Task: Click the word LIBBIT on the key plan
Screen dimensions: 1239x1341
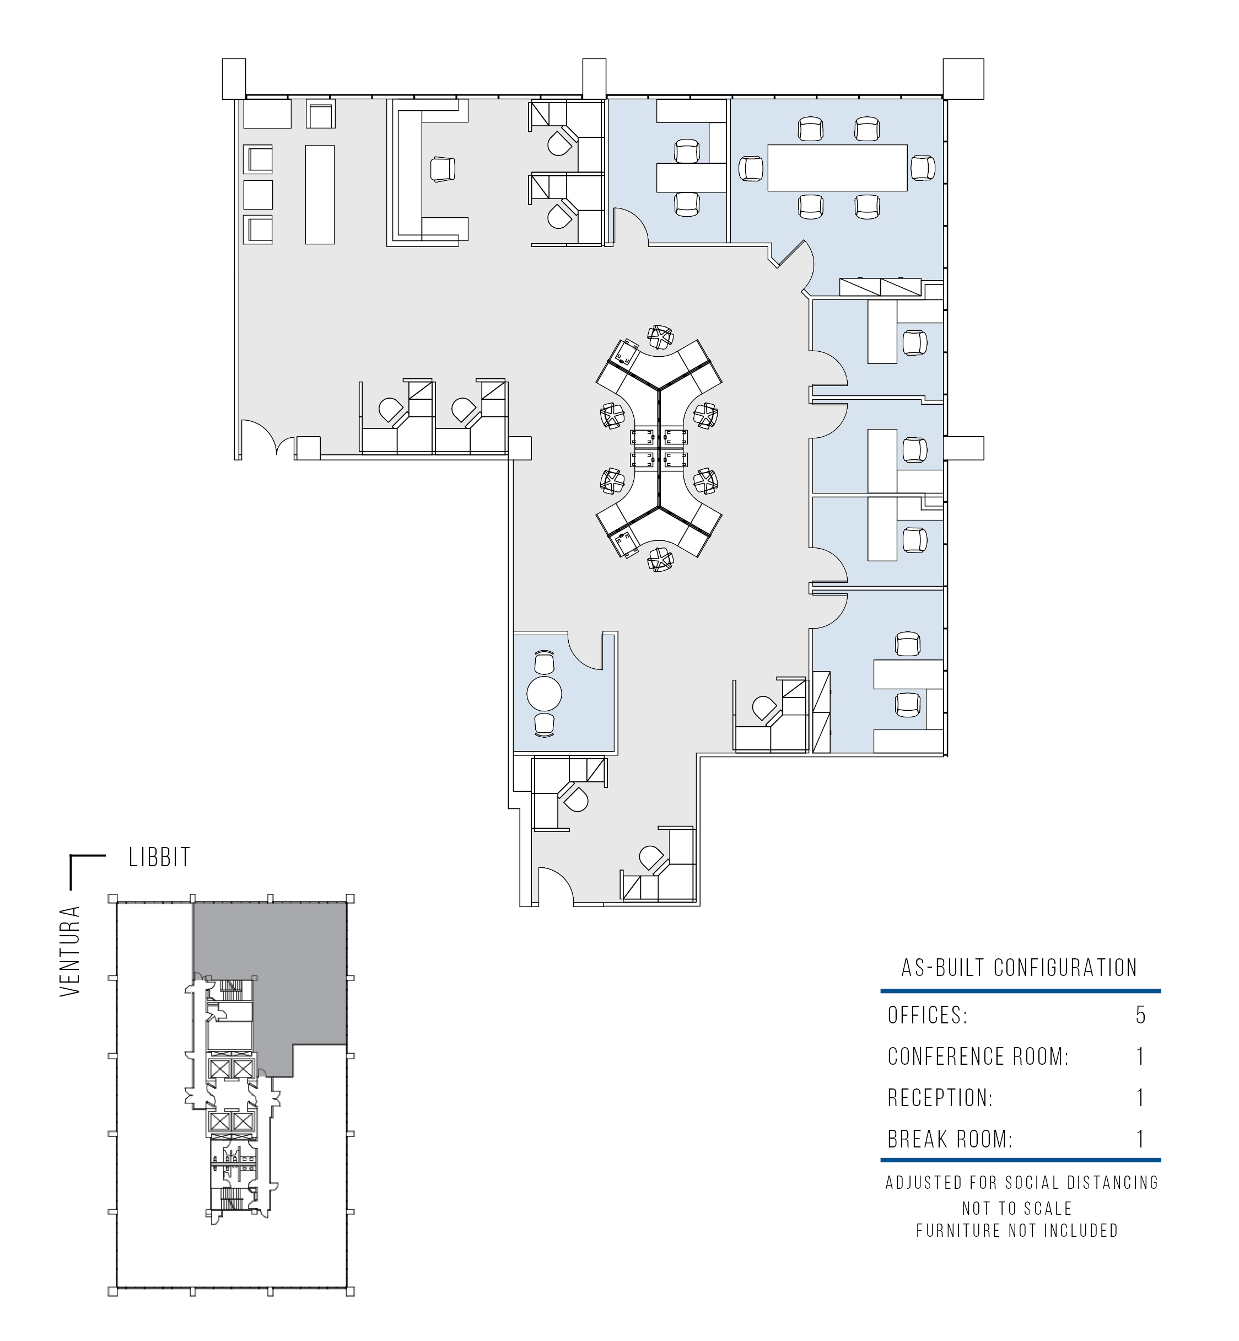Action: [x=160, y=857]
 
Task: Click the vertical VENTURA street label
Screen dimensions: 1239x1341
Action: [x=70, y=951]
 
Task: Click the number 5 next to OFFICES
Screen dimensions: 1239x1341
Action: [x=1140, y=1016]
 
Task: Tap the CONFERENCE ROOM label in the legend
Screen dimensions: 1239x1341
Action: [x=978, y=1056]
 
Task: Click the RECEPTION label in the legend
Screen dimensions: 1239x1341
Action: [x=940, y=1098]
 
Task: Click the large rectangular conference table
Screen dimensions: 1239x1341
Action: [x=837, y=168]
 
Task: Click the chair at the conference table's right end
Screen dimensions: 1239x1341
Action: [x=923, y=168]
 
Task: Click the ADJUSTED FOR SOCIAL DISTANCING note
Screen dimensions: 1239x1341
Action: [x=1022, y=1183]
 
